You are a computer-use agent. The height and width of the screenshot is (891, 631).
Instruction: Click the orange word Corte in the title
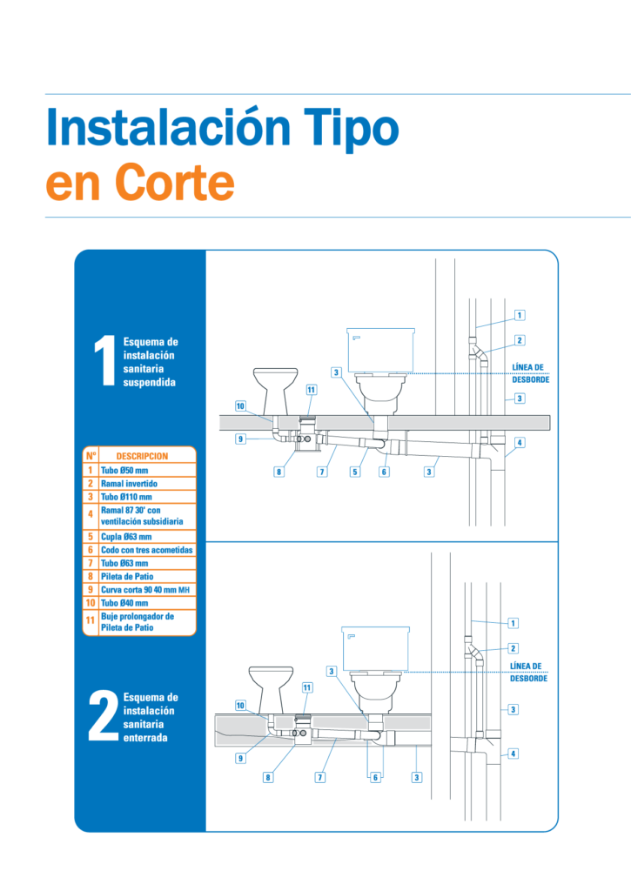point(175,183)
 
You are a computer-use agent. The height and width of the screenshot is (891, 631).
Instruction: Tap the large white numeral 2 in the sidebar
point(104,716)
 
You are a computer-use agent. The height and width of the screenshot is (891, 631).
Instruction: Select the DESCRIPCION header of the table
point(142,456)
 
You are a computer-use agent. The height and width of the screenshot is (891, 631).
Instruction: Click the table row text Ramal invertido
point(129,484)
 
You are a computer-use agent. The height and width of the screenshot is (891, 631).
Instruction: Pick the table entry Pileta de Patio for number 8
point(127,576)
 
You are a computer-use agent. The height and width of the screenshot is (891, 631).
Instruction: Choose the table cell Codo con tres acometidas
point(147,550)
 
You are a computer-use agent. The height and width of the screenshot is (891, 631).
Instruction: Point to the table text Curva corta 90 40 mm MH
point(145,590)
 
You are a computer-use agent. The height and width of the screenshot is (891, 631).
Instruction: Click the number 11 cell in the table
point(91,620)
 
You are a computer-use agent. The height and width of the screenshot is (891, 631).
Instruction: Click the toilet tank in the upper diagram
point(381,350)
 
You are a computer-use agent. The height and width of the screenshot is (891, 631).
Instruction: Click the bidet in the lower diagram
point(272,690)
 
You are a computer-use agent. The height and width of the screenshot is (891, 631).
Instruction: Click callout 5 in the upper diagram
point(355,472)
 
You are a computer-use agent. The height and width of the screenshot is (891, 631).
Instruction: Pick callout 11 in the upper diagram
point(312,390)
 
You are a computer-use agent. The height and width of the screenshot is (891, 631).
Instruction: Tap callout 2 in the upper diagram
point(520,340)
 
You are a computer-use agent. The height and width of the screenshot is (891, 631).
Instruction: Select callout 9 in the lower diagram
point(240,758)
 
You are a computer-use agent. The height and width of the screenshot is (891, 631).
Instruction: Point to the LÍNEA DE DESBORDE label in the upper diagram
point(530,373)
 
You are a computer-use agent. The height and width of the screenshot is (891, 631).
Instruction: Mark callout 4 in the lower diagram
point(513,754)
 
